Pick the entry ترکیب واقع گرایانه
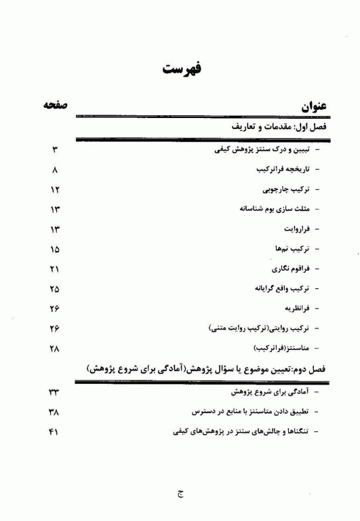[280, 289]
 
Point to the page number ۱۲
[55, 189]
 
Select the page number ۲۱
[55, 269]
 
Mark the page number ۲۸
[55, 349]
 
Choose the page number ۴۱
[55, 431]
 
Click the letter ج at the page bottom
[180, 495]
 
